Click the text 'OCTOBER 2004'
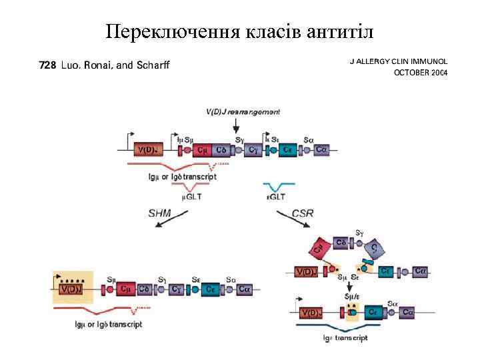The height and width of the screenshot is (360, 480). click(x=421, y=72)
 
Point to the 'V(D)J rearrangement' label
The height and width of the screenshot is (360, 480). click(x=243, y=111)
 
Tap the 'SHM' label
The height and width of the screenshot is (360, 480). click(x=159, y=213)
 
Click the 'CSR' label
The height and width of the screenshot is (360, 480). click(x=303, y=213)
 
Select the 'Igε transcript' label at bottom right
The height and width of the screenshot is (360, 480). click(x=345, y=338)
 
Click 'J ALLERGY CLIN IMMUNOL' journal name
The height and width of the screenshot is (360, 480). click(x=399, y=61)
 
